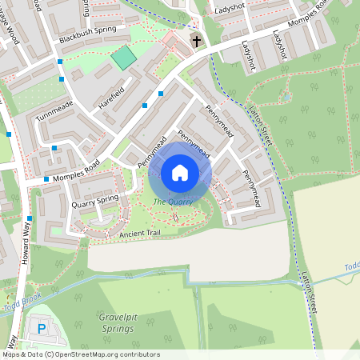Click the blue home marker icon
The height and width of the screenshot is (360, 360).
pos(179,173)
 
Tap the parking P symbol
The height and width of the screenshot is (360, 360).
pos(42,329)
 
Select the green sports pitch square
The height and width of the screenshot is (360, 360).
pos(123,58)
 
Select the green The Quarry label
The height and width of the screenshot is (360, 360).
pos(173,202)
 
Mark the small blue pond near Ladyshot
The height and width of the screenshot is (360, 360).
pos(286,98)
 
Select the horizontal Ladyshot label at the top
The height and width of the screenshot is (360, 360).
pos(234,11)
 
